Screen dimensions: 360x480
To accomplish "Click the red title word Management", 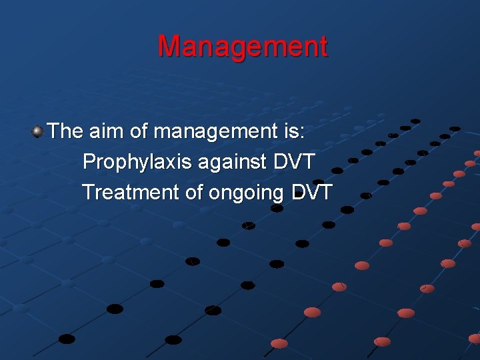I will (243, 47).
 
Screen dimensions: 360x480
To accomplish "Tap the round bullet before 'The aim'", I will (38, 131).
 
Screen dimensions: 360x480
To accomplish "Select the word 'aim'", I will (105, 131).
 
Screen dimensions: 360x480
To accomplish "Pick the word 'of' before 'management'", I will (139, 131).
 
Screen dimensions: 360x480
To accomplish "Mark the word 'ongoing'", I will (247, 193).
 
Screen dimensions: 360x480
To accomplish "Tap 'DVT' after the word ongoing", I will (311, 192).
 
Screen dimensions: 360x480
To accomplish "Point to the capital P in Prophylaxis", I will (88, 161).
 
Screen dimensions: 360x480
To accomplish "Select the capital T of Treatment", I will (88, 192).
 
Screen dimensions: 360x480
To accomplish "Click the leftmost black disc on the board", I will (67, 339).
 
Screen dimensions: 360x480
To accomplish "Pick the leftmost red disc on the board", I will (279, 343).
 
